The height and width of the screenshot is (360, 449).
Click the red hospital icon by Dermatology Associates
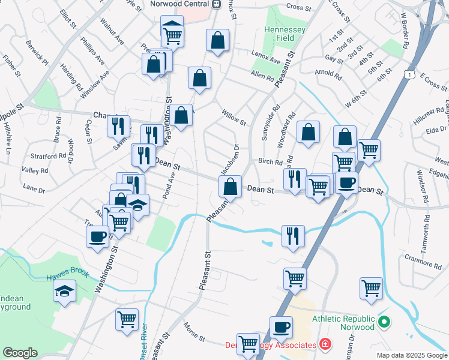click(x=325, y=344)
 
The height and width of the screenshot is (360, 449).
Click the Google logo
click(x=20, y=353)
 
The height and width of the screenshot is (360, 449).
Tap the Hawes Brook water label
click(x=68, y=275)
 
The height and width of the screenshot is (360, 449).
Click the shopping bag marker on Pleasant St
click(x=230, y=187)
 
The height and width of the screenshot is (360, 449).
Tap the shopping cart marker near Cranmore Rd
click(x=372, y=288)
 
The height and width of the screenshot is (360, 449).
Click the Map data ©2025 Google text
click(x=412, y=355)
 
